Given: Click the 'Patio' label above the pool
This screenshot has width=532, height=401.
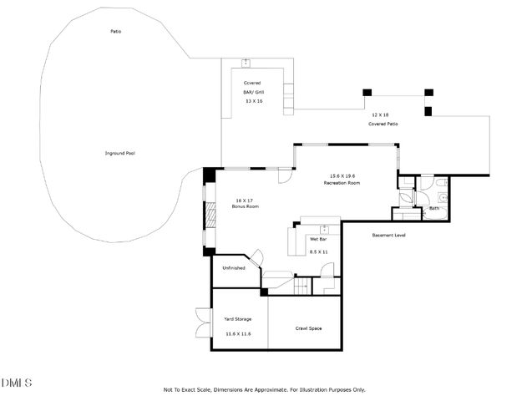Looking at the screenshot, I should tap(116, 32).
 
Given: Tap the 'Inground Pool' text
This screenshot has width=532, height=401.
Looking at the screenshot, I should tap(119, 154).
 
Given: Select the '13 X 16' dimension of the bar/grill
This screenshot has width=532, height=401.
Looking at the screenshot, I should tap(254, 100).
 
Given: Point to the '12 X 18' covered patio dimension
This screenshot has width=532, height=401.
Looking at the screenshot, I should tap(380, 114).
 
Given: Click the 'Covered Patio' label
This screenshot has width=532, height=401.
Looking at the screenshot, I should tap(383, 124).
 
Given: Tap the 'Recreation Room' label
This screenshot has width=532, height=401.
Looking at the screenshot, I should tap(342, 182).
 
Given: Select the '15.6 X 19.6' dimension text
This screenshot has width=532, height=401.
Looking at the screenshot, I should tap(342, 175).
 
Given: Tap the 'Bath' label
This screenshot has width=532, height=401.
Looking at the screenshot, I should tap(434, 209).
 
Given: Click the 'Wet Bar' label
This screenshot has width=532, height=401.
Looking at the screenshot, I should tap(317, 240).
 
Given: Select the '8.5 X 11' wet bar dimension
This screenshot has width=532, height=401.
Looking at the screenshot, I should tap(318, 251).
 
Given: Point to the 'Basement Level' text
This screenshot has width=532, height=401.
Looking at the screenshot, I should tap(388, 236).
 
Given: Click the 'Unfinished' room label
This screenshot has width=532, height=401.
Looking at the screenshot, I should tap(233, 268).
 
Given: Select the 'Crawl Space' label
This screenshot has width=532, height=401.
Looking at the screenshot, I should tap(308, 328).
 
